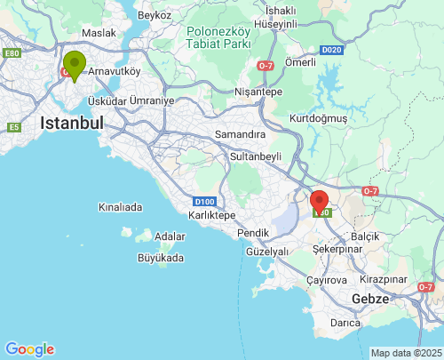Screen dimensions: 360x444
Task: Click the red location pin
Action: (320, 203)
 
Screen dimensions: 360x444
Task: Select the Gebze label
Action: (370, 299)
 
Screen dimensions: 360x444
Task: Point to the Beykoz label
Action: (154, 16)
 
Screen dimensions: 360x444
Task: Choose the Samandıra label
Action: (241, 134)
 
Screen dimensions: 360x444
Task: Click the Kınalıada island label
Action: (121, 207)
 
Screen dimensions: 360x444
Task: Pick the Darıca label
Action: (345, 323)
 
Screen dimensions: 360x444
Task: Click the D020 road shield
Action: (331, 50)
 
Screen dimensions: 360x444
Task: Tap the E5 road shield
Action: (13, 127)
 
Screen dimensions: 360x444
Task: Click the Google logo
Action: (29, 349)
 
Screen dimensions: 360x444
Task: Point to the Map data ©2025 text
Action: (406, 353)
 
